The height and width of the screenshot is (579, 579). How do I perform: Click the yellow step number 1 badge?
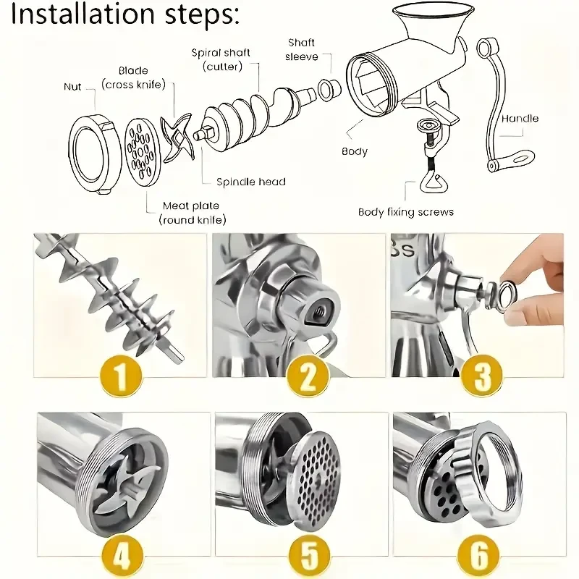120,376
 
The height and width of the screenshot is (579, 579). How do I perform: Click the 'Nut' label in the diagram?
72,87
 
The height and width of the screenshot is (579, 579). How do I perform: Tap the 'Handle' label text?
520,118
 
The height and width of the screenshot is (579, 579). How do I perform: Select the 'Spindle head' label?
251,182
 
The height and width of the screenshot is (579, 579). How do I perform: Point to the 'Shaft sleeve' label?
301,50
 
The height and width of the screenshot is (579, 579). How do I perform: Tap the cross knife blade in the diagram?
176,140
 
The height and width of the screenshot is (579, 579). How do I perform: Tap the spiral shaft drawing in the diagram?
246,116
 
